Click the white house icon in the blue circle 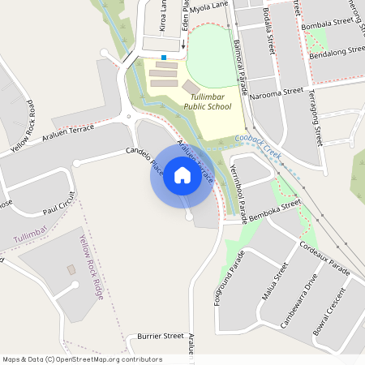pos(182,175)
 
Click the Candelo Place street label pos(145,161)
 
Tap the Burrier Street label pos(161,335)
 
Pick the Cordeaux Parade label pos(324,258)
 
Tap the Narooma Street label pos(277,93)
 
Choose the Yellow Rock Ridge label pos(92,268)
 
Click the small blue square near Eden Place pos(164,58)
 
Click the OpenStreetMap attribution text pos(81,359)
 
